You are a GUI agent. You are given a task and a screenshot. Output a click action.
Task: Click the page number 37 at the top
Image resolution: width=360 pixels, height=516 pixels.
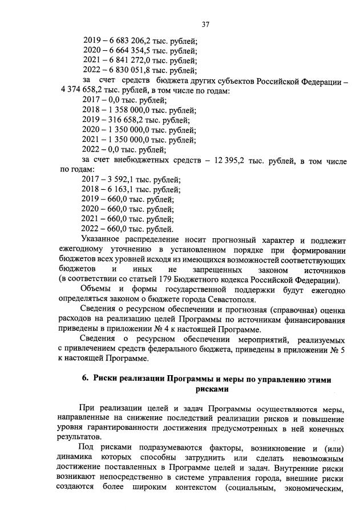(206, 24)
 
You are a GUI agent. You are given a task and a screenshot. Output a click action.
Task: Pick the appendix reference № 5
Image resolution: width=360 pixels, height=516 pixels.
(336, 350)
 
